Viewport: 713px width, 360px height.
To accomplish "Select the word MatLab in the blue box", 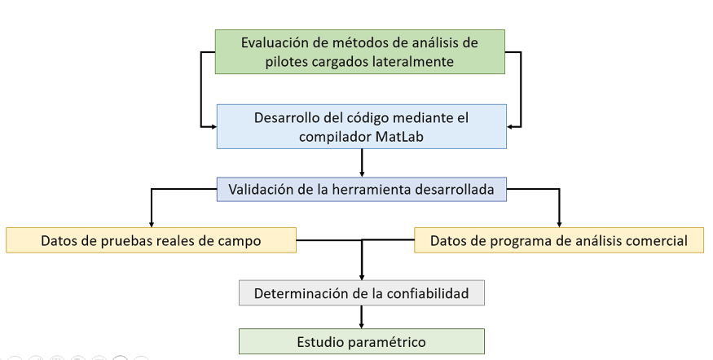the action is [x=400, y=137].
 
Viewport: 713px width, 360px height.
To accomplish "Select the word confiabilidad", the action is [x=428, y=294].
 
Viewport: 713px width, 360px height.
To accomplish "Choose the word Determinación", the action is [x=302, y=294].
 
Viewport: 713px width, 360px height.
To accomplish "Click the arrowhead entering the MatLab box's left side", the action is [x=213, y=127].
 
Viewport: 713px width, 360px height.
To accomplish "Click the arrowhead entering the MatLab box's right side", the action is [x=510, y=127].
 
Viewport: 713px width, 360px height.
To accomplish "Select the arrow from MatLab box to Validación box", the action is [x=362, y=163].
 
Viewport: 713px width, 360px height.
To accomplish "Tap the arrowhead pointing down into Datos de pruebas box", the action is [x=152, y=224].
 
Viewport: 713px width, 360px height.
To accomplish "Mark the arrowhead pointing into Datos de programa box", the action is [x=559, y=224].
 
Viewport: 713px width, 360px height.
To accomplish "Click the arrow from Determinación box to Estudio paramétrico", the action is [x=362, y=317].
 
